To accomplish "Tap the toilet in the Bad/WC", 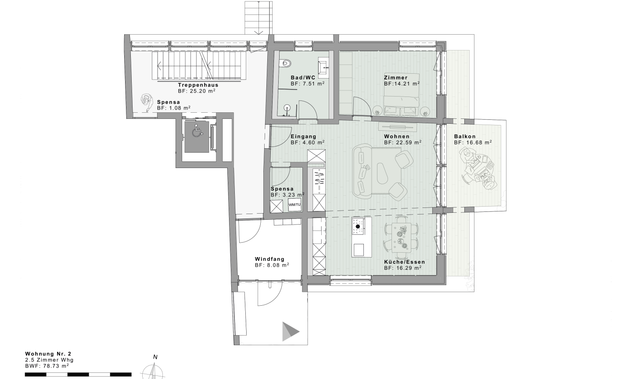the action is click(x=285, y=63).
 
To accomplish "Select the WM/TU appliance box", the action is click(x=294, y=205).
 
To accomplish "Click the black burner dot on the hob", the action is click(x=358, y=226).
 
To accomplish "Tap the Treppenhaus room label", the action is click(x=198, y=85).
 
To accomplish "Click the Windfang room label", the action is click(x=269, y=259).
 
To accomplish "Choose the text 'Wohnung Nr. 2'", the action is click(x=48, y=354).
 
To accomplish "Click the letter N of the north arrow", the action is click(x=155, y=357).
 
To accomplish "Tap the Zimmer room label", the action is click(x=395, y=78).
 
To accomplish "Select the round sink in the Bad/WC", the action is click(x=287, y=107).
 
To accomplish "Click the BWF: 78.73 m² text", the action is click(x=47, y=366).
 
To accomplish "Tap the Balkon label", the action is click(x=465, y=136).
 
